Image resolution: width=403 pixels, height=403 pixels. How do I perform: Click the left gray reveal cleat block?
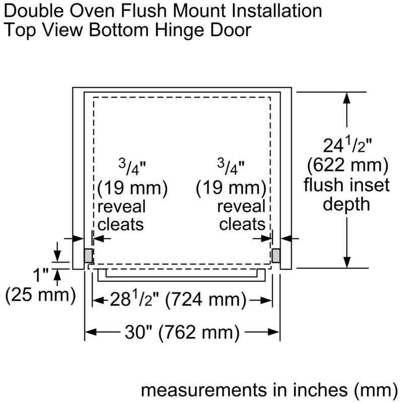pos(88,256)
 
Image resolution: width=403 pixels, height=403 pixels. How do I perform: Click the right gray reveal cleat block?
pos(276,256)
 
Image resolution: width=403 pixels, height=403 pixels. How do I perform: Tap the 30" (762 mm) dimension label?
pos(182,332)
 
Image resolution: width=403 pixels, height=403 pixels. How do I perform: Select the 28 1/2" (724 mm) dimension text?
pos(178,300)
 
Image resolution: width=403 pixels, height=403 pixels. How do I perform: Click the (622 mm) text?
pos(348,165)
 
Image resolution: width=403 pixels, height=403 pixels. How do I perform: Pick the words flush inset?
pos(347,185)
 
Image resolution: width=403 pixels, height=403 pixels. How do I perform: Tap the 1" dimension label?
pos(41,275)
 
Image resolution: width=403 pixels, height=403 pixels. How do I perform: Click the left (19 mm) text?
pos(132,188)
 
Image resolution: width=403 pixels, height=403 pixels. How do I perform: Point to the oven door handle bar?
pos(181,275)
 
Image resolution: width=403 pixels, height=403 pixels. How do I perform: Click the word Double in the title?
pos(34,11)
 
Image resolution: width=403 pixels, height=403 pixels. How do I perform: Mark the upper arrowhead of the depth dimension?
pos(347,98)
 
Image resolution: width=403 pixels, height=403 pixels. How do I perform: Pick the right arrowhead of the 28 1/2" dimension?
pos(266,300)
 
